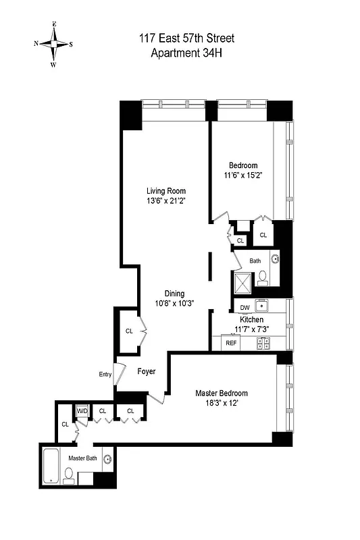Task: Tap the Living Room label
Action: point(166,191)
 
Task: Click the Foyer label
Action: point(147,371)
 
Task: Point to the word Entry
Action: point(105,374)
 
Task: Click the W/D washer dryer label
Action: point(82,410)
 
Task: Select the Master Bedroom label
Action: point(222,394)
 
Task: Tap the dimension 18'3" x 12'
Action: point(222,404)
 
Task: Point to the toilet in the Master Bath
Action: point(68,478)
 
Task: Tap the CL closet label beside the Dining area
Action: point(128,331)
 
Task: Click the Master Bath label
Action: point(82,458)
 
